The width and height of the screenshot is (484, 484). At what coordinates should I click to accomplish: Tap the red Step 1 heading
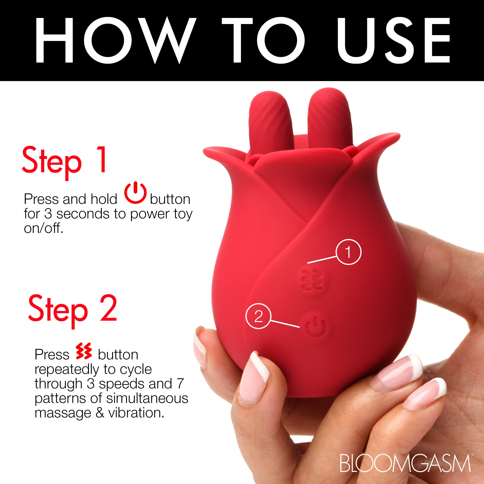point(64,161)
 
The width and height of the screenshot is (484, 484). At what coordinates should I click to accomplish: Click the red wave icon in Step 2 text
point(84,351)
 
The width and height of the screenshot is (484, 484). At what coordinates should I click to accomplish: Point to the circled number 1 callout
point(348,252)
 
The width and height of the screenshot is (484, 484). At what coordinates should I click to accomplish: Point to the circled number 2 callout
point(258,317)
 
